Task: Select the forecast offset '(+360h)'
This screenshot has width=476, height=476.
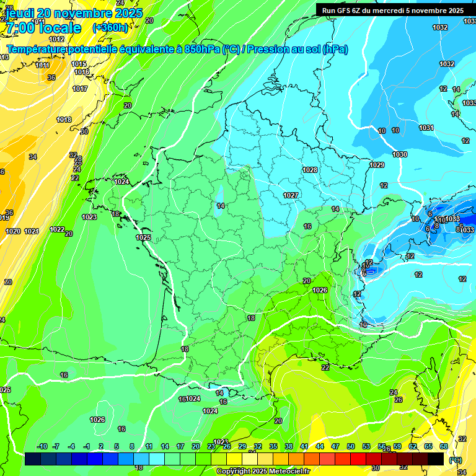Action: (x=110, y=28)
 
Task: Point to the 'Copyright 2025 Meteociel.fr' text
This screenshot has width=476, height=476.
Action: (x=263, y=471)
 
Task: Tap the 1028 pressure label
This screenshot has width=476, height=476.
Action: (x=309, y=170)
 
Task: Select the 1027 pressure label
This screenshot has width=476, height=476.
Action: (x=291, y=195)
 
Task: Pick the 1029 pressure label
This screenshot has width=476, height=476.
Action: (x=376, y=165)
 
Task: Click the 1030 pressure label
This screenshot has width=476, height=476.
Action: (x=400, y=154)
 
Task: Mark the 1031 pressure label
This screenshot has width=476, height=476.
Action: (x=426, y=128)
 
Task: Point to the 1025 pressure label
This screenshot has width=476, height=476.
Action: (x=143, y=237)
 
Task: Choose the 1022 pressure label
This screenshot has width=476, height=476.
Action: (x=57, y=229)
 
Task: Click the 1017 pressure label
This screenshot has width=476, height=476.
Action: (x=80, y=89)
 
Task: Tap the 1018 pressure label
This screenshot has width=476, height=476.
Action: (x=64, y=120)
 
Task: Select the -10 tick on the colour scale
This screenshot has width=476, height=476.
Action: (x=42, y=446)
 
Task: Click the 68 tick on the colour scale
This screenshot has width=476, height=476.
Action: (x=444, y=446)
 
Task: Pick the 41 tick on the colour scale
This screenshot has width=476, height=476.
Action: (x=304, y=446)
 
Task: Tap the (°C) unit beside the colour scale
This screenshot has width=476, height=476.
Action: (x=456, y=459)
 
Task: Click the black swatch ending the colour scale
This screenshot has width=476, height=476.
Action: (x=436, y=459)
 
